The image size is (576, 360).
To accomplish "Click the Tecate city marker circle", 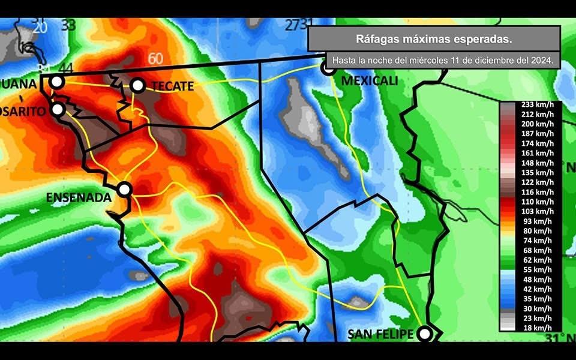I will (138, 85).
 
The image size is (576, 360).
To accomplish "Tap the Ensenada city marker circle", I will (124, 189).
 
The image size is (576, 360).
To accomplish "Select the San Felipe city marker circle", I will (425, 333).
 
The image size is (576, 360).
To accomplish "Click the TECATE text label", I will (173, 86).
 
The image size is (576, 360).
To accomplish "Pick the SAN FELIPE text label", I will (381, 334).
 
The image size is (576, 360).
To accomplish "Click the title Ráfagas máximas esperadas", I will (434, 39).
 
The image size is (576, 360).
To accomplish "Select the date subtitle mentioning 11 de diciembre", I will (442, 61).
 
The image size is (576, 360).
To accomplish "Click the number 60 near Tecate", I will (155, 59).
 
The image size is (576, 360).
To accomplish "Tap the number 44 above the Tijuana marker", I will (66, 69).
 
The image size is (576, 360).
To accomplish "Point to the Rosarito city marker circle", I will (58, 109).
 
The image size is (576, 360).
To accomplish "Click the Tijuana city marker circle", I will (56, 82).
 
